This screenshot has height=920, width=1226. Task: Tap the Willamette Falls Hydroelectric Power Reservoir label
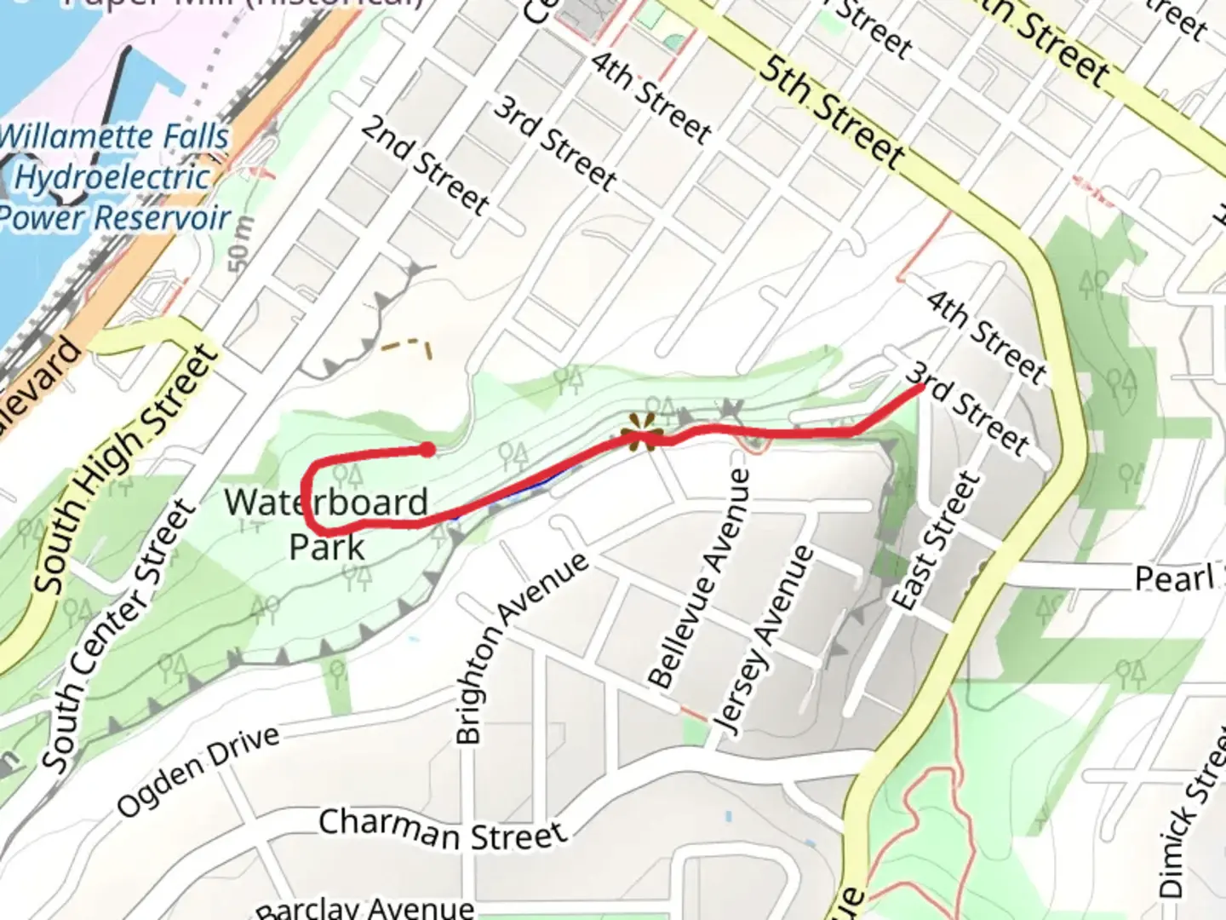coord(114,177)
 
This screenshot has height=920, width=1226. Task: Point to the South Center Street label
coord(119,635)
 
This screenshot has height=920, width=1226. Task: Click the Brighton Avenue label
coord(519,647)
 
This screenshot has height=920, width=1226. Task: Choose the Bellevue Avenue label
coord(700,579)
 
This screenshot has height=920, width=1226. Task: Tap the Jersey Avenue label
coord(764,639)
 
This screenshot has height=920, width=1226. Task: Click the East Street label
coord(934,542)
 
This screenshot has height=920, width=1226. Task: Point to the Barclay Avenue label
coord(365,908)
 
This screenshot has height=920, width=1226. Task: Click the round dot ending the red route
coord(427,449)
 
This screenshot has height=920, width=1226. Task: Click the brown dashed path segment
coord(407,345)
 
